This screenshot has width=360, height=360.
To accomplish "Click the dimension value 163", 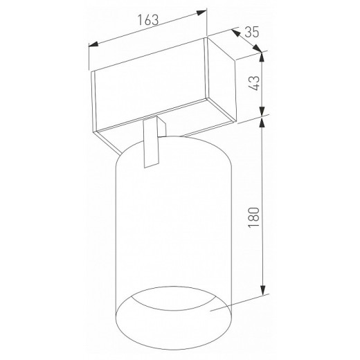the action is [x=148, y=20].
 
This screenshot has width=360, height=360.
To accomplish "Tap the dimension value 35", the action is [x=252, y=32].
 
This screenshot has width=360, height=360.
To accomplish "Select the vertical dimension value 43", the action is [x=254, y=83].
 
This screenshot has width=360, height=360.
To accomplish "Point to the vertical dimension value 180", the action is [x=254, y=217].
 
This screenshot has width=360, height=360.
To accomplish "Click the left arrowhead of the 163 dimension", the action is [x=93, y=44].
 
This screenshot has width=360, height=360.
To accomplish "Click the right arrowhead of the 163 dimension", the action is [x=201, y=12].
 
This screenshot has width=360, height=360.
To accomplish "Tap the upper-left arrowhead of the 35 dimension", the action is [x=235, y=33].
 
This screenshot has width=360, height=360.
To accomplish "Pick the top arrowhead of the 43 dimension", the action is [x=262, y=57].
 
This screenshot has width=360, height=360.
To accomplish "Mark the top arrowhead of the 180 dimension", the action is [x=262, y=123].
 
